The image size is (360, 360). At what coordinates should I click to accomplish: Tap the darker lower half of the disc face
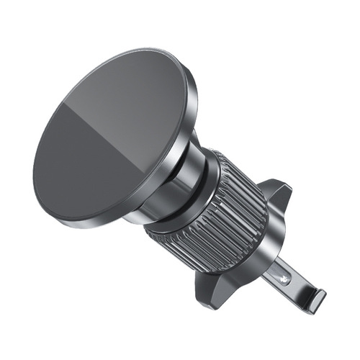tap(86, 173)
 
